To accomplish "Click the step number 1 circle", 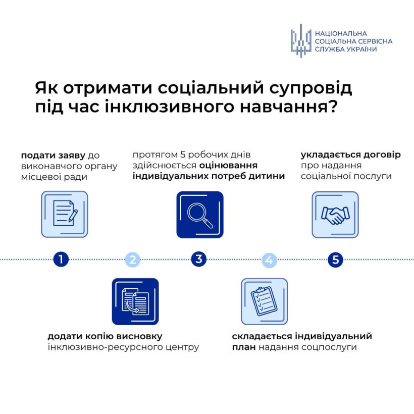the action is pyautogui.click(x=61, y=260).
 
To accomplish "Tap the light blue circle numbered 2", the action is pyautogui.click(x=133, y=260).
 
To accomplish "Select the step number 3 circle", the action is pyautogui.click(x=198, y=260).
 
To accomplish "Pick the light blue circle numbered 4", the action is pyautogui.click(x=269, y=260).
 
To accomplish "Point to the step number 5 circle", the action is pyautogui.click(x=336, y=260).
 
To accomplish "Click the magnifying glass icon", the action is pyautogui.click(x=200, y=215).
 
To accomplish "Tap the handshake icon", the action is pyautogui.click(x=335, y=215).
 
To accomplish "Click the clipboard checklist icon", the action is pyautogui.click(x=264, y=301).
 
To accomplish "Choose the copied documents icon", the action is pyautogui.click(x=135, y=301).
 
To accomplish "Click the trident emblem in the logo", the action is pyautogui.click(x=301, y=40).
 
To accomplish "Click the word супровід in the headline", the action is pyautogui.click(x=310, y=88).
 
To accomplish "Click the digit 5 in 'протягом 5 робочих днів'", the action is pyautogui.click(x=183, y=154).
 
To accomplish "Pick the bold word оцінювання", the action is pyautogui.click(x=228, y=166).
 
